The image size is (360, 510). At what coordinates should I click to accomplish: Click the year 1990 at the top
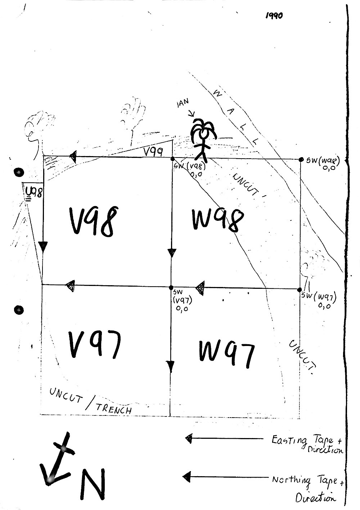click(274, 15)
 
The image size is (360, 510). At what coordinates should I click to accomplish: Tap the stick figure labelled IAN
click(203, 138)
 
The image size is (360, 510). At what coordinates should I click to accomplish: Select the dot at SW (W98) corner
click(301, 159)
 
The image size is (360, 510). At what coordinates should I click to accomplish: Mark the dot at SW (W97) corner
click(299, 290)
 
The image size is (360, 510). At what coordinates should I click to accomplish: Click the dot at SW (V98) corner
click(172, 159)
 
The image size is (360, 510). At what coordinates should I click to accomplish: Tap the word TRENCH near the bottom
click(114, 408)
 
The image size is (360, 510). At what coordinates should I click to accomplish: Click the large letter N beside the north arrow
click(93, 483)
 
